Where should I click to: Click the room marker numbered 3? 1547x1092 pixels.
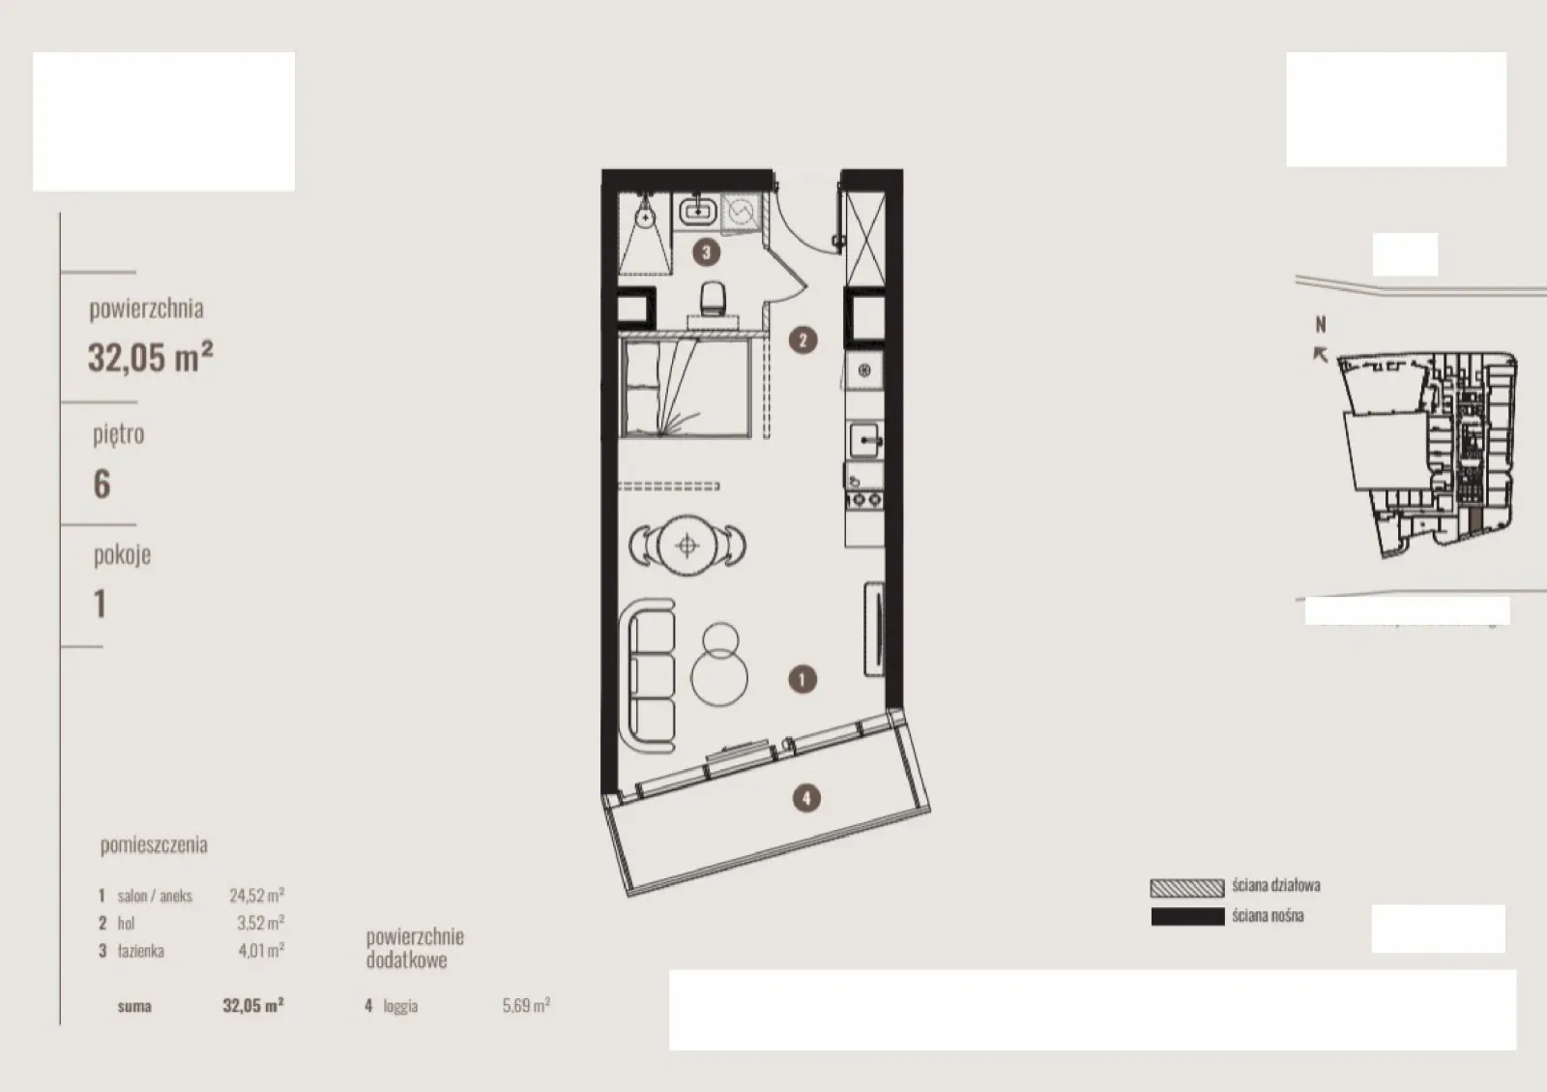click(x=706, y=252)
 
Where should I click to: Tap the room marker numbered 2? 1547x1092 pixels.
click(x=803, y=339)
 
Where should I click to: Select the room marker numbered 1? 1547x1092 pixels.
click(x=802, y=680)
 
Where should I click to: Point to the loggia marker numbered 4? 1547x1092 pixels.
click(x=806, y=799)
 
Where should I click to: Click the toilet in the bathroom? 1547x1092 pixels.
click(x=713, y=299)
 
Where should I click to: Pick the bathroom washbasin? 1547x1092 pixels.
click(x=697, y=211)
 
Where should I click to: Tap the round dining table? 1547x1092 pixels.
click(x=687, y=546)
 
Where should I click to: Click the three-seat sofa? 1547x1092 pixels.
click(x=649, y=675)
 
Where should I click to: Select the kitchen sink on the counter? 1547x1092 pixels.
click(x=864, y=439)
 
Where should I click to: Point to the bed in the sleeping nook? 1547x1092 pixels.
click(x=686, y=388)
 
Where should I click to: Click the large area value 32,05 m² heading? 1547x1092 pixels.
click(x=151, y=357)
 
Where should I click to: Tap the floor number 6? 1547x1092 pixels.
click(x=102, y=484)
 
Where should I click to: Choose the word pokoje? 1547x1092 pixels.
click(x=122, y=554)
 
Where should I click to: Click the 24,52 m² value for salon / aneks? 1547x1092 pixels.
click(x=257, y=895)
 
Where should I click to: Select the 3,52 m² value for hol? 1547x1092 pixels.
click(x=260, y=923)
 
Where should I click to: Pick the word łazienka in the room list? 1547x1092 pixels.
click(x=141, y=951)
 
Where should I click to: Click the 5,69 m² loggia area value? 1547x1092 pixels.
click(x=526, y=1005)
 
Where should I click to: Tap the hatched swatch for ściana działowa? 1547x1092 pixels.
click(x=1187, y=888)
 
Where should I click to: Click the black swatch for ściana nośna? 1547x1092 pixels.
click(x=1187, y=917)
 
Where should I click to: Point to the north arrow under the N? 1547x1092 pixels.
click(x=1320, y=354)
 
